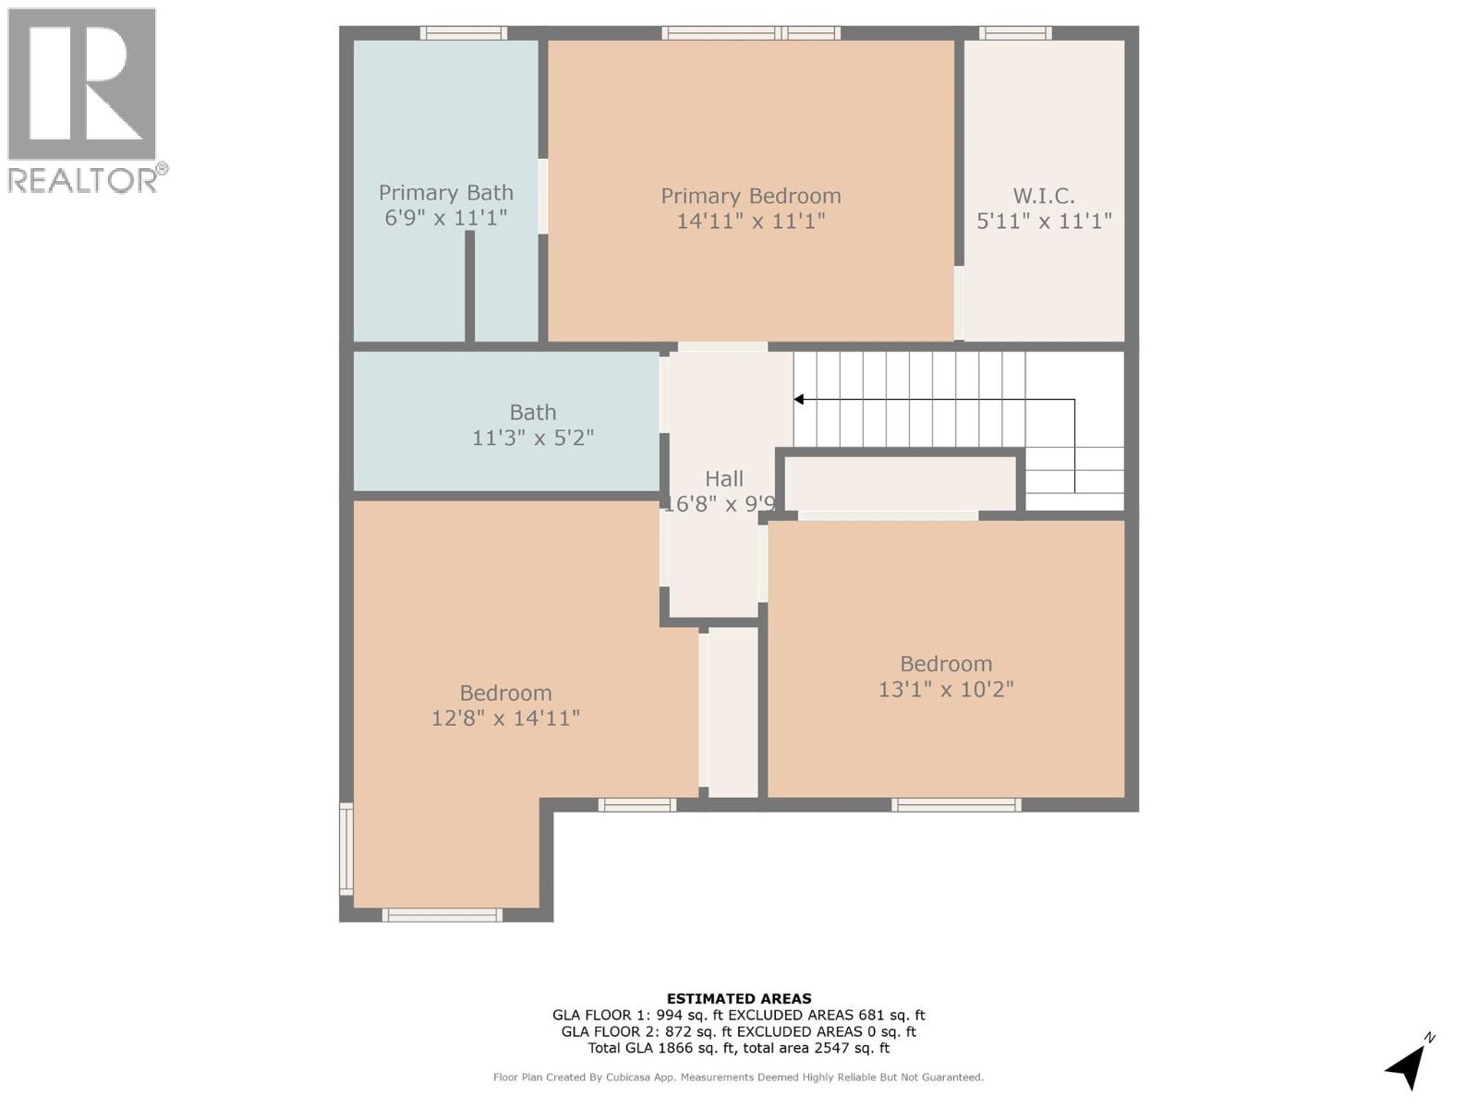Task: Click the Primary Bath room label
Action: [445, 193]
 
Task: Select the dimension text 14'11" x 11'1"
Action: [750, 222]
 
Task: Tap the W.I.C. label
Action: [1044, 196]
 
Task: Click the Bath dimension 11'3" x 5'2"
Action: [533, 438]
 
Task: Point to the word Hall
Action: [724, 478]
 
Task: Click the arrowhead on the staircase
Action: [799, 400]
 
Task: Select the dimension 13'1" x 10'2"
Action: [946, 690]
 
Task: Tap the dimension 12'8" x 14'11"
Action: [505, 718]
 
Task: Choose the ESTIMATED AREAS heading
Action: [739, 998]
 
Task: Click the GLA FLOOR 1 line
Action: [739, 1015]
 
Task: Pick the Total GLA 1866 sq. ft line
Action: [739, 1048]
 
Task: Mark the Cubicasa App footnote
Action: [739, 1078]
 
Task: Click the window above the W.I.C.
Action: [1015, 33]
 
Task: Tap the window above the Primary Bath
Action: [464, 33]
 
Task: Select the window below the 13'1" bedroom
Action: [956, 805]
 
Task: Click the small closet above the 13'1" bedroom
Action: [901, 482]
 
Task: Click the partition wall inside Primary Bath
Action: [470, 286]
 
